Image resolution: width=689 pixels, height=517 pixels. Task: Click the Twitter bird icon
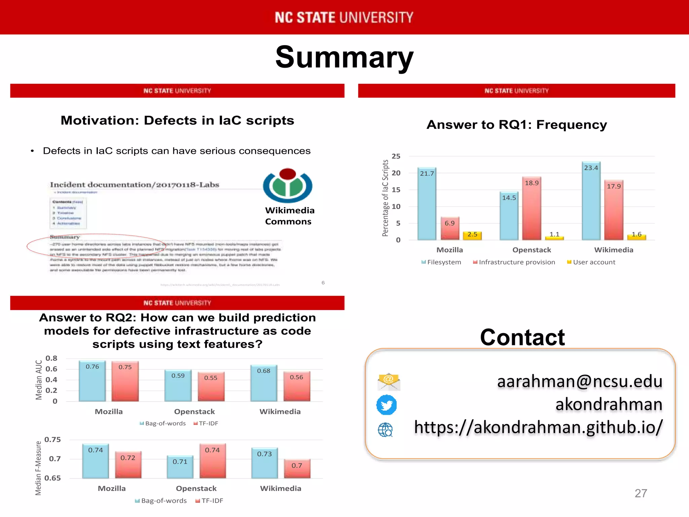coord(386,405)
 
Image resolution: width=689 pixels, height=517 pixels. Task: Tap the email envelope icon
coord(389,382)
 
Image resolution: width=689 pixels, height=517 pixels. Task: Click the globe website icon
coord(385,430)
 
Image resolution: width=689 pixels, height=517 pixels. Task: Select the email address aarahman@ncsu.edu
coord(579,381)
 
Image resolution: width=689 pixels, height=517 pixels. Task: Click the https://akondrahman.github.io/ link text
coord(538,427)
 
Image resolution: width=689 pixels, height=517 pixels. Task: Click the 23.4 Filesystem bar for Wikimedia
coord(591,202)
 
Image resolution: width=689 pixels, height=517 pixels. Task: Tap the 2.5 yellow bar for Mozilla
coord(472,235)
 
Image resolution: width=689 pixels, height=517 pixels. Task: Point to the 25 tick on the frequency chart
coord(396,156)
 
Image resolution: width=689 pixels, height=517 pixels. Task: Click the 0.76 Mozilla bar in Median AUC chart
coord(92,382)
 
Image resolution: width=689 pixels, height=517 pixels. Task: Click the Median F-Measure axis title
coord(38,468)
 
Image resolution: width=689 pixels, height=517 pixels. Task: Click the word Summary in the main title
coord(344,57)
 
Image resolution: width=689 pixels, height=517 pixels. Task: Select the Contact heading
coord(522,337)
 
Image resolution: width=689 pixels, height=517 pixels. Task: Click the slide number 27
coord(641,493)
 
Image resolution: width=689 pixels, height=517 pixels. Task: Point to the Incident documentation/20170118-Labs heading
coord(135,185)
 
